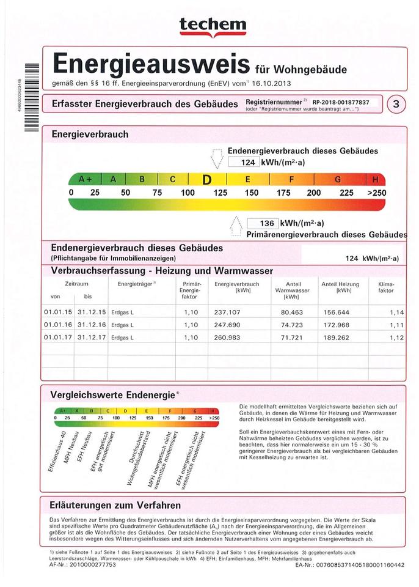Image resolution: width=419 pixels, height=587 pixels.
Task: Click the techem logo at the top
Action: [213, 26]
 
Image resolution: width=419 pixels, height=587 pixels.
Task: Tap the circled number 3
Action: [396, 104]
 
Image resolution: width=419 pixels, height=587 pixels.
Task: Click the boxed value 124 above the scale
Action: [247, 163]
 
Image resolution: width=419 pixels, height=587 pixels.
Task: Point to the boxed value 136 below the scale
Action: [267, 223]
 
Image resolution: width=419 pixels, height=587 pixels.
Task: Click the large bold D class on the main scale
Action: [207, 180]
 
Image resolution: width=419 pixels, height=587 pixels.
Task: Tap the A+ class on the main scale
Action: [86, 179]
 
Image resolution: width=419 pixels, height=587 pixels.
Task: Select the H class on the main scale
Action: [375, 179]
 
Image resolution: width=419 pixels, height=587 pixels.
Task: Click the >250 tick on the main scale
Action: [376, 193]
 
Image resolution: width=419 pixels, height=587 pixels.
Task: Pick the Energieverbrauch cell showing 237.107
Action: [228, 312]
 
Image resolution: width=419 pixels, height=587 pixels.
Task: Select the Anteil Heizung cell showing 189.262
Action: [340, 337]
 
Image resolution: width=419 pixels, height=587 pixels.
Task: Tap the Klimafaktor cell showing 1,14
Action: [396, 312]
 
